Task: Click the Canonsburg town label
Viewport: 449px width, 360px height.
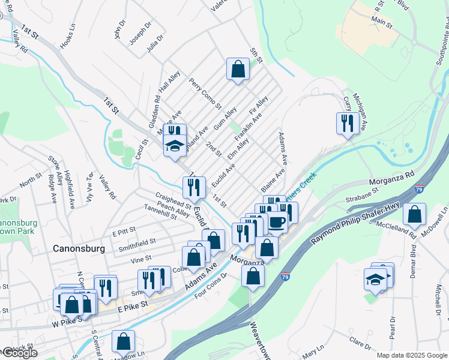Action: tap(79, 248)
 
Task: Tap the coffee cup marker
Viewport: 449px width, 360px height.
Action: tap(277, 222)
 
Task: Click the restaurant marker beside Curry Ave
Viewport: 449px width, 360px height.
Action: tap(347, 123)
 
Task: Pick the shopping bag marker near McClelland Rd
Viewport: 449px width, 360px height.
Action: tap(414, 214)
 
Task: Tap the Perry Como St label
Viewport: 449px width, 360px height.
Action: tap(205, 92)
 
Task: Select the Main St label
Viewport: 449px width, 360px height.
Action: tap(381, 23)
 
